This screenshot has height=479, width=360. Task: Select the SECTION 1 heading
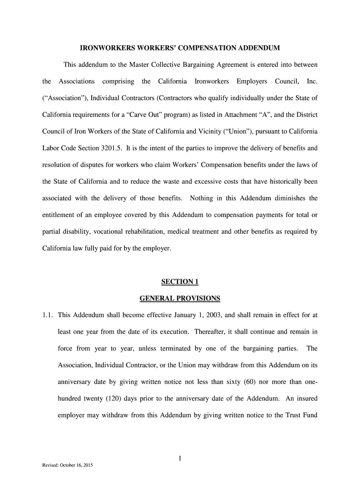[x=180, y=282]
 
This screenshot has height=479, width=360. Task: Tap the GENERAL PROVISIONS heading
[x=180, y=298]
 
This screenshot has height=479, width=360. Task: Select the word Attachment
[x=248, y=115]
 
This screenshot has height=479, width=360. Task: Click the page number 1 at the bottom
[x=180, y=459]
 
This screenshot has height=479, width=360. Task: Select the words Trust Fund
[x=301, y=415]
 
